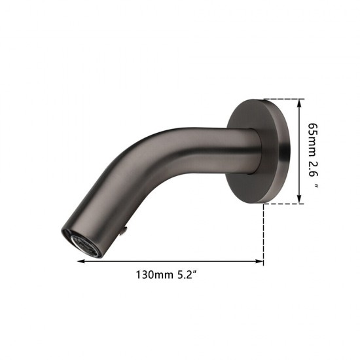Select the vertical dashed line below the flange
click(x=264, y=232)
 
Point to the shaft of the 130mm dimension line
click(x=170, y=262)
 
